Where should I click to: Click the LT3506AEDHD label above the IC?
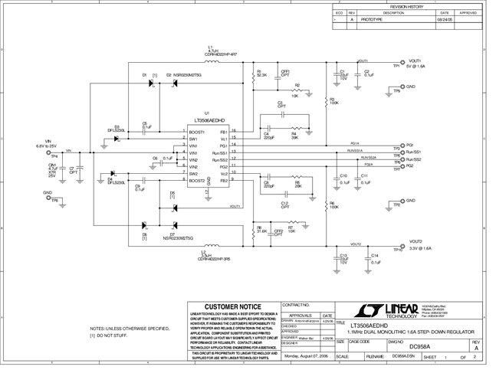tap(209, 120)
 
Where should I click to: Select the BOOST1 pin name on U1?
tap(198, 132)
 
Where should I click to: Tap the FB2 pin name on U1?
tap(223, 181)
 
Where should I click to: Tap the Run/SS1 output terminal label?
tap(415, 152)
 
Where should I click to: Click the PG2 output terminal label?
tap(410, 165)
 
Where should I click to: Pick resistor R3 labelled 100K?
tap(330, 100)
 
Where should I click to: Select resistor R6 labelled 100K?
tap(330, 205)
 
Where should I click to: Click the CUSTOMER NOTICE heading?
tap(232, 306)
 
